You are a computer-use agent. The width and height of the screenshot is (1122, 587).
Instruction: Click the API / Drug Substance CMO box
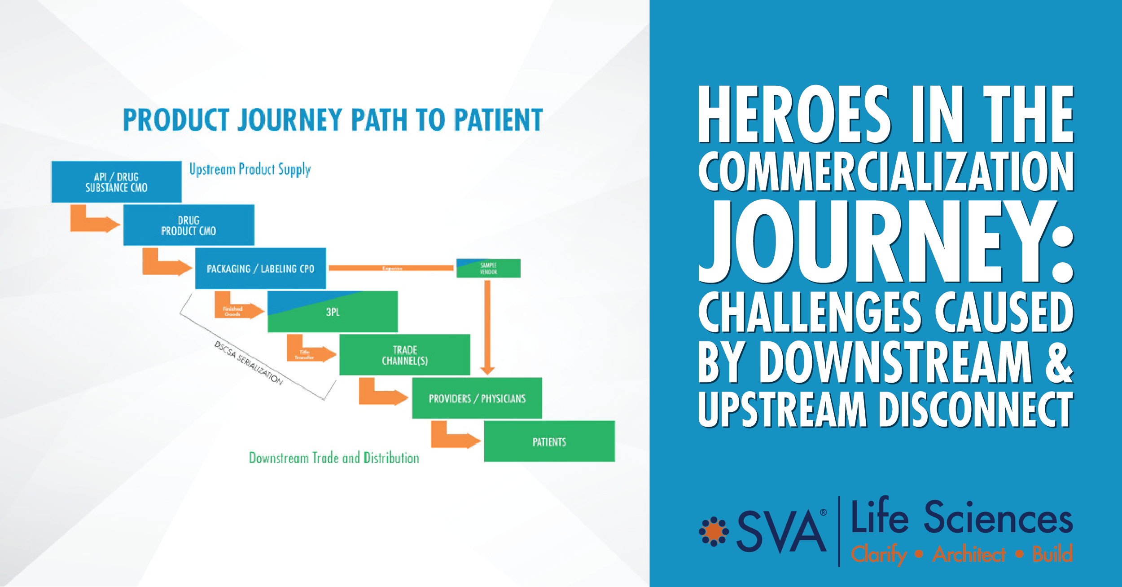point(116,182)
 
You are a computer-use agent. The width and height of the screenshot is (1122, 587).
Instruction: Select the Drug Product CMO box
point(188,225)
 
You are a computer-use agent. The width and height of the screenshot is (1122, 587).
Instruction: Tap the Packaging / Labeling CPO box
point(260,269)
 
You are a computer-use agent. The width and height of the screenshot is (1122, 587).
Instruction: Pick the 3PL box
point(333,312)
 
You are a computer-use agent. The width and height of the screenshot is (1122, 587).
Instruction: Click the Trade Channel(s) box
point(405,355)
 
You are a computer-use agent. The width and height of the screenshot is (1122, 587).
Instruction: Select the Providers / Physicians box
point(477,398)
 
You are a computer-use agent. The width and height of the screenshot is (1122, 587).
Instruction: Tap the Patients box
point(549,441)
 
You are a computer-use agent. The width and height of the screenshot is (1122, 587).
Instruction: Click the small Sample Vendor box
point(488,269)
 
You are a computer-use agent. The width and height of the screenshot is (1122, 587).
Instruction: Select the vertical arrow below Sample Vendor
point(487,328)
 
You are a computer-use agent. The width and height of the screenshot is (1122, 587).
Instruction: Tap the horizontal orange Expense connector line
point(391,268)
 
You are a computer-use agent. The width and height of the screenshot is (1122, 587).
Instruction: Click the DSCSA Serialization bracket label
point(248,363)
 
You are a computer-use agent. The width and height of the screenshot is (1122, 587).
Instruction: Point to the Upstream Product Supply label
point(250,169)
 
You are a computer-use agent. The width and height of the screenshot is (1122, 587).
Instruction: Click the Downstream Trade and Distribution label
point(334,458)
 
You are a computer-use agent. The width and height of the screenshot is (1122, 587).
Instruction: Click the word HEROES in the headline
point(793,115)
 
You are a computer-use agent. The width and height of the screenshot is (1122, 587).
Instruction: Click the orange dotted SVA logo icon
point(714,532)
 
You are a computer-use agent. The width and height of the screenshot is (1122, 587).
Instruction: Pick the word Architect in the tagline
point(969,554)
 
